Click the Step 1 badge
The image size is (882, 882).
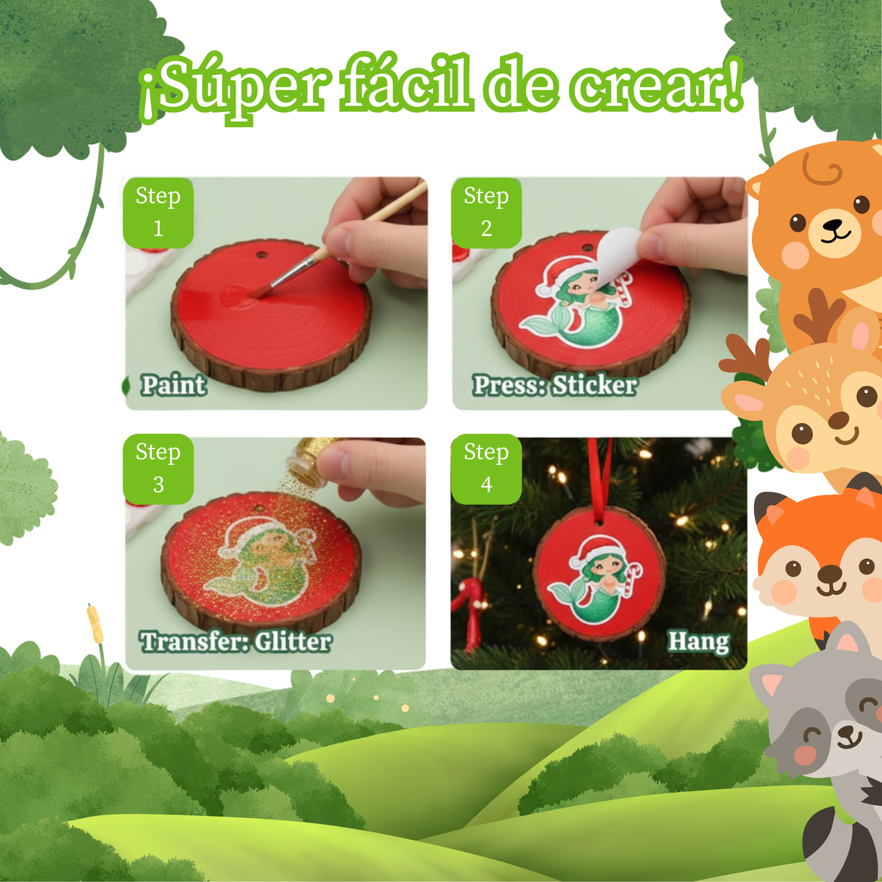click(x=158, y=213)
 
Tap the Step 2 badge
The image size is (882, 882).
click(x=486, y=213)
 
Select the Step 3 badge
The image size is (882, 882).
click(x=158, y=469)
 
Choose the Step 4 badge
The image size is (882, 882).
click(x=486, y=469)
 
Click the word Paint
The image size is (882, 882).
click(x=174, y=385)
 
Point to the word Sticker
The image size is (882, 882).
click(x=594, y=385)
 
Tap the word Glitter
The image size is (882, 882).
click(x=293, y=642)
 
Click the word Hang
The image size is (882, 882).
click(x=698, y=642)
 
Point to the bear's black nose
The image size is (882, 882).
click(x=832, y=224)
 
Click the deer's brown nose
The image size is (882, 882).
click(x=838, y=420)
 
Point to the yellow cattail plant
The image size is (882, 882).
click(x=94, y=624)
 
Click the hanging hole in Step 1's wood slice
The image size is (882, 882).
click(x=262, y=253)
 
